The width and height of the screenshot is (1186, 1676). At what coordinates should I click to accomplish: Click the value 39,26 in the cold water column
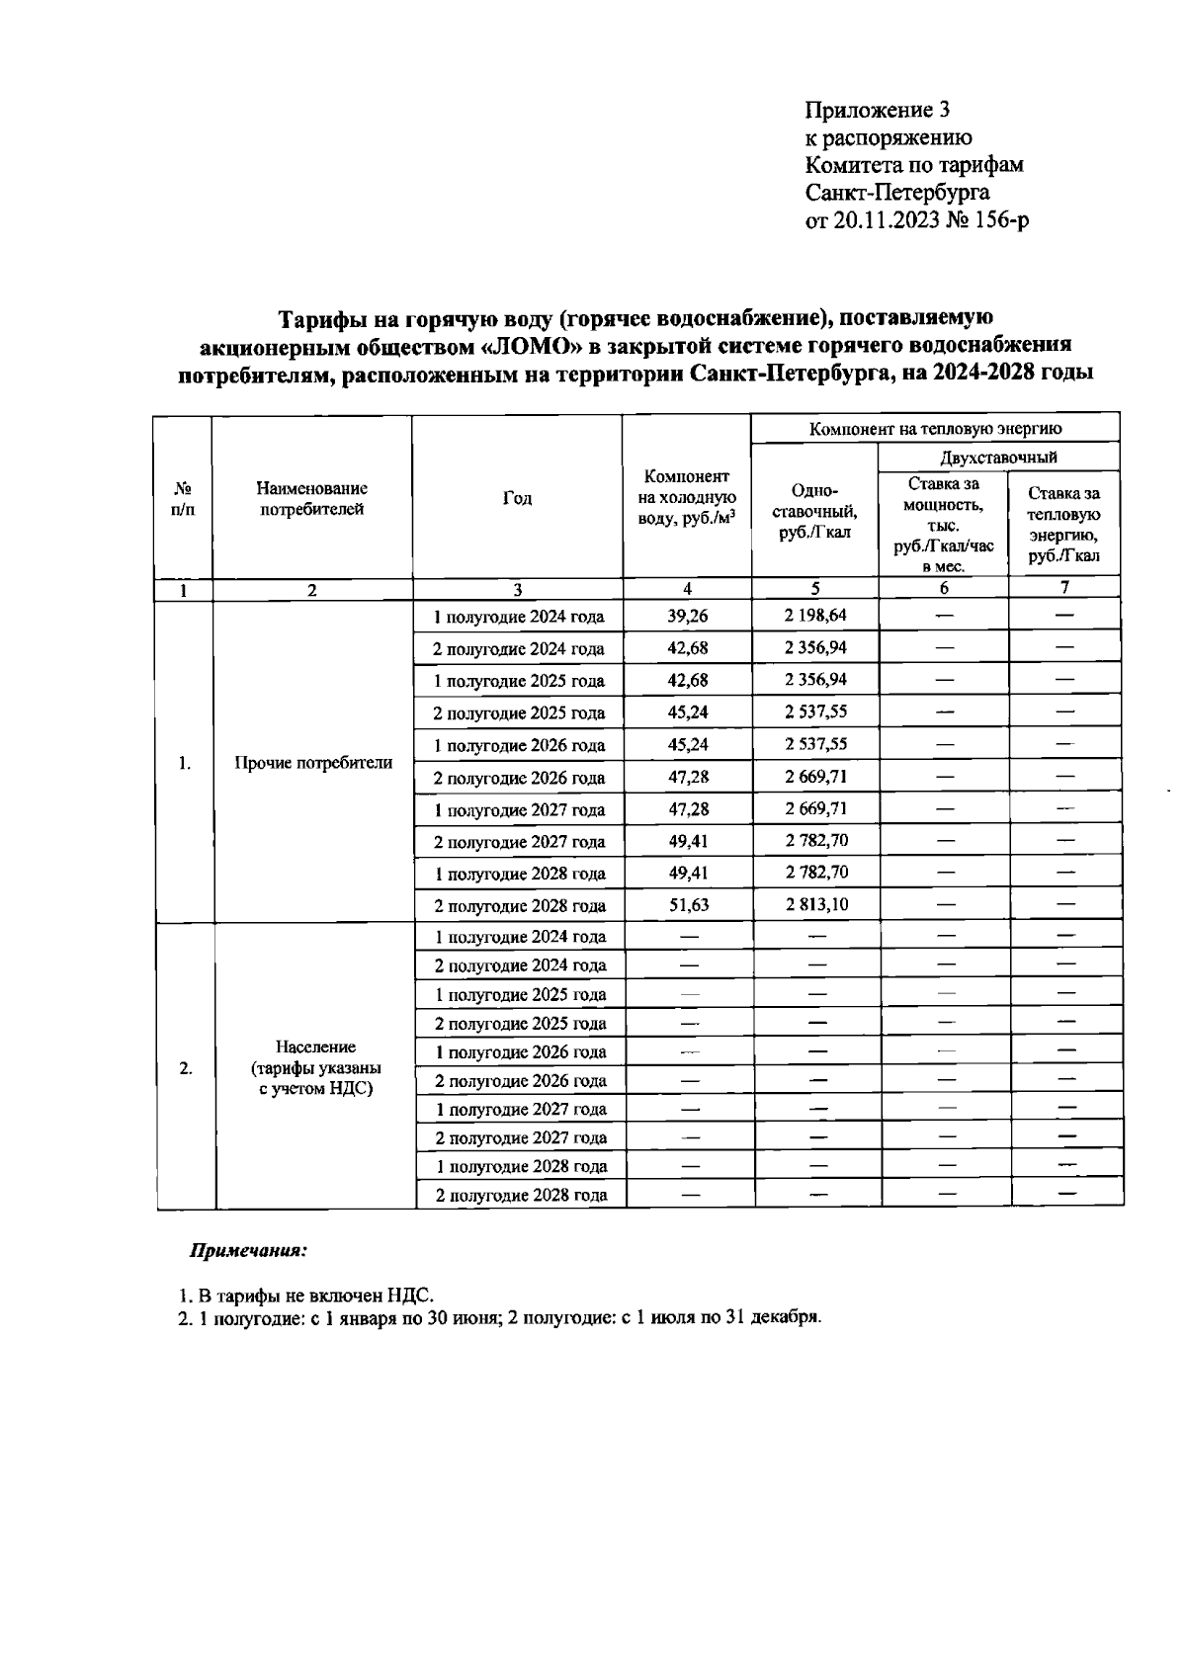[x=688, y=616]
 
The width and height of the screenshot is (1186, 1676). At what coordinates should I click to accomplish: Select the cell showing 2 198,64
[x=815, y=615]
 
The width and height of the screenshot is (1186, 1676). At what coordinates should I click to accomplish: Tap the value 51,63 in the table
[x=688, y=904]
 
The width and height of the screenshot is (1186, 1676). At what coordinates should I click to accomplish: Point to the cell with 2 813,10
[x=815, y=904]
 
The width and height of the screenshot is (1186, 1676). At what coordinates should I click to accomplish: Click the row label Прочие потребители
[x=313, y=763]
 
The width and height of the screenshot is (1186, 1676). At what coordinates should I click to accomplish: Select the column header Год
[x=517, y=498]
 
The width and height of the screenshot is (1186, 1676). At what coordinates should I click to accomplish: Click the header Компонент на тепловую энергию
[x=935, y=429]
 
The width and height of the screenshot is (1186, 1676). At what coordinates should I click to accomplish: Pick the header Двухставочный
[x=998, y=458]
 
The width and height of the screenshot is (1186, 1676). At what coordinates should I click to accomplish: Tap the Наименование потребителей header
[x=311, y=499]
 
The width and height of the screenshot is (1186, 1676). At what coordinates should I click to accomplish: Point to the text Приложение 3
[x=878, y=110]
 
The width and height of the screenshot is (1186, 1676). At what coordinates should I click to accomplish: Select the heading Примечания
[x=248, y=1251]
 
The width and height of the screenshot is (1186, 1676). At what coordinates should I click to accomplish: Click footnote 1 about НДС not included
[x=306, y=1295]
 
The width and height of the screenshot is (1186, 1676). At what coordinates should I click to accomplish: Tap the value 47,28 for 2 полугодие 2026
[x=688, y=777]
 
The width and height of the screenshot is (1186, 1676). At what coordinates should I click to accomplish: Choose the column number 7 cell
[x=1064, y=588]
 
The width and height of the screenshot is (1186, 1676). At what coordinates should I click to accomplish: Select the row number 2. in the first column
[x=186, y=1068]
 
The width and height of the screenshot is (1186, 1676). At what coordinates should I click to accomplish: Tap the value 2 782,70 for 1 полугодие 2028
[x=815, y=873]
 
